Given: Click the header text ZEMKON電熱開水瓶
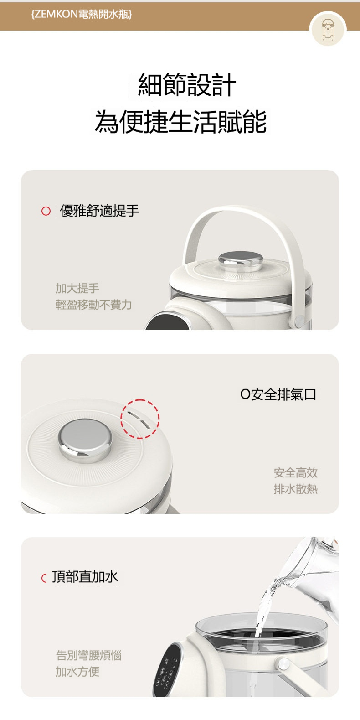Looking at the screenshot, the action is coord(82,14).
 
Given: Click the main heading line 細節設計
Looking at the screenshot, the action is coord(187,84).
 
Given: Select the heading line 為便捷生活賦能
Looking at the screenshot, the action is coord(180,121).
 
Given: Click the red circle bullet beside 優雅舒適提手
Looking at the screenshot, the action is coord(46,211).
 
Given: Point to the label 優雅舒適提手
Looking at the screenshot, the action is coord(99,211).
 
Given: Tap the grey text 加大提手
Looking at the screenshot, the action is coord(77,288).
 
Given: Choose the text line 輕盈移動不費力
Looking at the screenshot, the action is coord(93,305).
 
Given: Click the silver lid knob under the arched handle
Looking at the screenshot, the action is coord(241,261).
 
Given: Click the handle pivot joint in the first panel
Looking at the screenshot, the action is coord(299,320).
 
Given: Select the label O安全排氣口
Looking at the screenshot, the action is coord(278,394).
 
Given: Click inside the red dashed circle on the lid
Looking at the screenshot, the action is coord(140,419).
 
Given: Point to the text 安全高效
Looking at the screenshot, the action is coord(295,473).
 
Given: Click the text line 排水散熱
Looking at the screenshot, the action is coord(295,489).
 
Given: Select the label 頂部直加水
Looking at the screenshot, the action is coord(85,577).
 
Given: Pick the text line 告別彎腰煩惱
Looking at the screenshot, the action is coord(89,655).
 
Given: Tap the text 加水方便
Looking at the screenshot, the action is coord(77,672).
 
